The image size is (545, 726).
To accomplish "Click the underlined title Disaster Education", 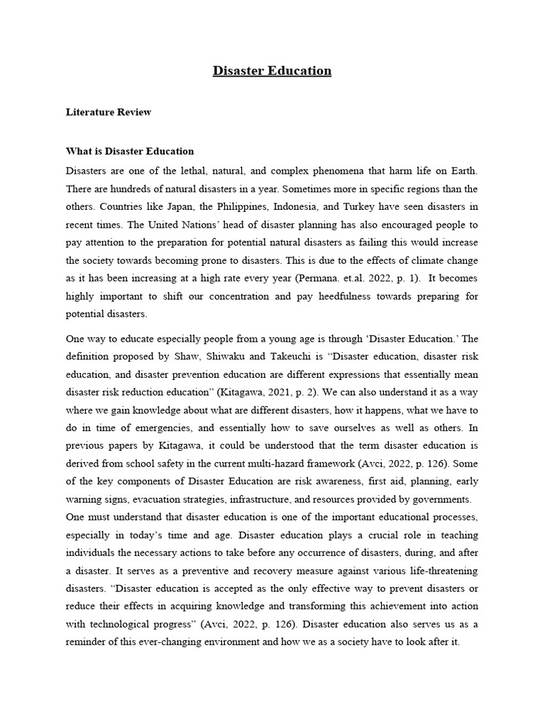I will [x=272, y=71].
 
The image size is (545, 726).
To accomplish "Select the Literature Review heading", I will [x=108, y=112].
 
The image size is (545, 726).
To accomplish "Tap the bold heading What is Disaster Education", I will [x=130, y=152].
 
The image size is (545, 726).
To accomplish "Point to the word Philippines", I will [x=236, y=207].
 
